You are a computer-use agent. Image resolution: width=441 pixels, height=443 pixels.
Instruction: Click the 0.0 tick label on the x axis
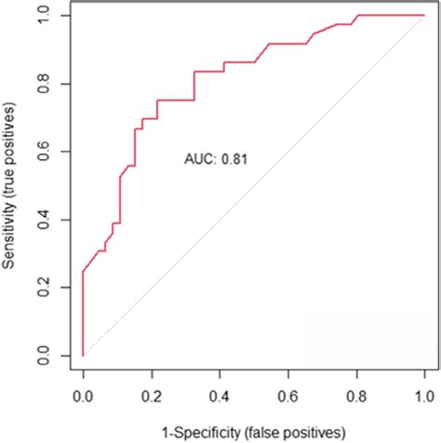(83, 398)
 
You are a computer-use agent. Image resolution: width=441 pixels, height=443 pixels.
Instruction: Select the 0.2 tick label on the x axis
(151, 398)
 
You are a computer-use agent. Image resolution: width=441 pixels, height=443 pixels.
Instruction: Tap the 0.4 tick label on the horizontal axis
(220, 398)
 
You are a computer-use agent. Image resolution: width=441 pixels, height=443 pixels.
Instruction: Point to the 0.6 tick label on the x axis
(287, 398)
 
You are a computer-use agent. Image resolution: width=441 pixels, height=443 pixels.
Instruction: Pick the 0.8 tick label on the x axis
(356, 398)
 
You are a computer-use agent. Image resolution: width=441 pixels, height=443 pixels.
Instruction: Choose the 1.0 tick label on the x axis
(424, 398)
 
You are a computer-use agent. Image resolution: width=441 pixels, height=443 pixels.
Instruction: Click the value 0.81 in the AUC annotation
(234, 160)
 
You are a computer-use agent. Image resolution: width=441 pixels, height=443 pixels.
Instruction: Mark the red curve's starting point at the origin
(83, 356)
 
